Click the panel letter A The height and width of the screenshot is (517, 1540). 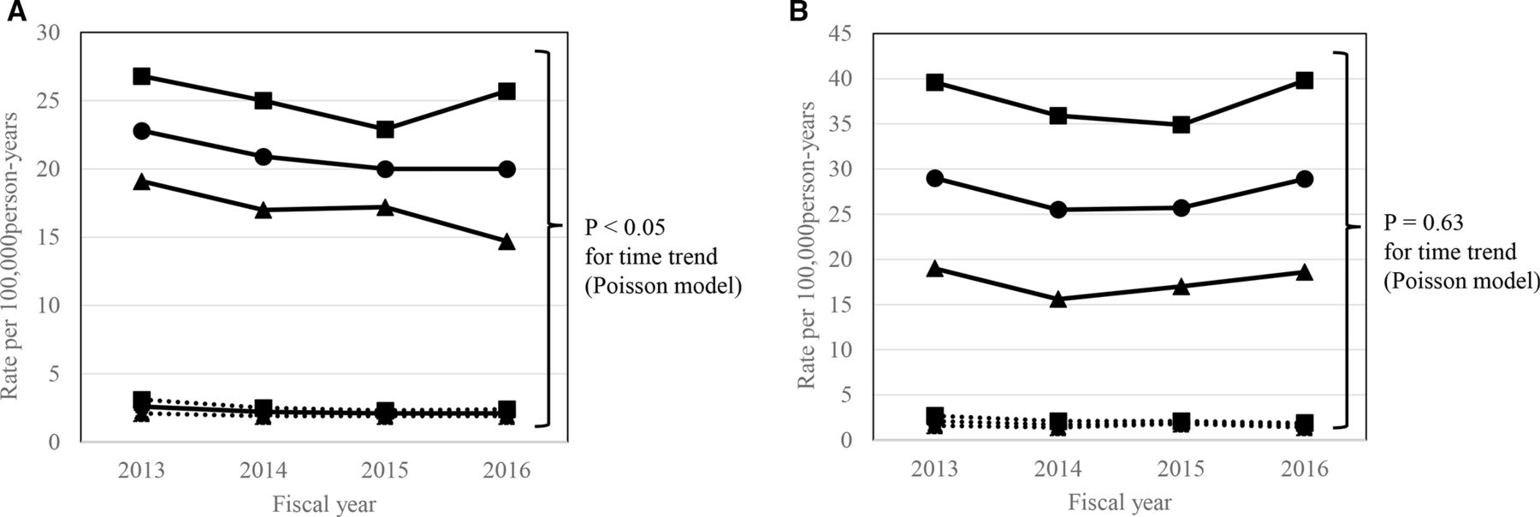click(x=10, y=12)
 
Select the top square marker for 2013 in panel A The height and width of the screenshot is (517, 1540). click(x=142, y=76)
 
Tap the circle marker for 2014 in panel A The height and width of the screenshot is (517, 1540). click(x=264, y=157)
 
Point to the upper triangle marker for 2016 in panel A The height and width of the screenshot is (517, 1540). click(x=506, y=241)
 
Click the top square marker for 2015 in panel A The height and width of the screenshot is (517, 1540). click(x=385, y=129)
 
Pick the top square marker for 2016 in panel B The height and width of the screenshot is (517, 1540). click(x=1305, y=80)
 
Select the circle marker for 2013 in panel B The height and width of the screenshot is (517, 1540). click(x=935, y=178)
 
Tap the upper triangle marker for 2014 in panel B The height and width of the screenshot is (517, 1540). click(x=1058, y=299)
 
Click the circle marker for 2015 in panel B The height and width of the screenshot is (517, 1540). click(x=1182, y=208)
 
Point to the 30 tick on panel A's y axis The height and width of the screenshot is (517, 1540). click(x=49, y=33)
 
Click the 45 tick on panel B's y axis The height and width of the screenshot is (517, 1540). click(x=843, y=33)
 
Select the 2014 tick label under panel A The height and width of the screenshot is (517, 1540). click(x=264, y=470)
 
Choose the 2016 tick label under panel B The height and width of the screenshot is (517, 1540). click(x=1305, y=469)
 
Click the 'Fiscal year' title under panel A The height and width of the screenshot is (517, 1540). click(x=324, y=503)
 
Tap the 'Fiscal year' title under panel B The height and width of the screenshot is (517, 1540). click(x=1120, y=502)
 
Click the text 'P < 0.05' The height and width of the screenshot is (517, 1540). click(x=625, y=228)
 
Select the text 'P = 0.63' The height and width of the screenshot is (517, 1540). click(x=1424, y=223)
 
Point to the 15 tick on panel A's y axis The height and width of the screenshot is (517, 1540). click(x=49, y=237)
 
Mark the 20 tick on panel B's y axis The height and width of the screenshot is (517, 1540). click(x=843, y=259)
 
